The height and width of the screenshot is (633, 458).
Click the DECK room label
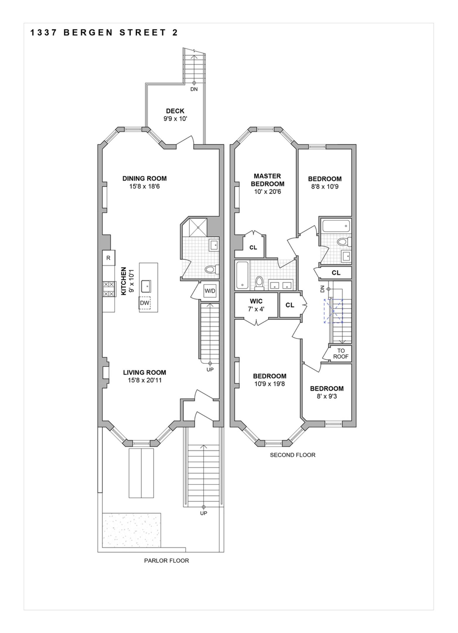coord(175,111)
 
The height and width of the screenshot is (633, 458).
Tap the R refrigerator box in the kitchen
coord(108,258)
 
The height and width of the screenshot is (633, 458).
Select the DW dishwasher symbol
coord(144,303)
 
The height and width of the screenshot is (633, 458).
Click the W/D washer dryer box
coord(210,291)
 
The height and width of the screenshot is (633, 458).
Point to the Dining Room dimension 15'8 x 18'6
coord(144,186)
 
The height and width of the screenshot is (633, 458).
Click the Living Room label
coord(144,372)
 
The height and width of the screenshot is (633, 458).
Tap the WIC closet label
coord(256,301)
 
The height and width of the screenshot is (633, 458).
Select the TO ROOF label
coord(341,353)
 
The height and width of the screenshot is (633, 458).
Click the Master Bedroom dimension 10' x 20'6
coord(268,192)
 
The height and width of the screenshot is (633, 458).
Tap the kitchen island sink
coord(146,286)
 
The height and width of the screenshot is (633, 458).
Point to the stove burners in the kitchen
coord(109,289)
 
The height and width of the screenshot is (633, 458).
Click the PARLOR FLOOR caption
coord(166,561)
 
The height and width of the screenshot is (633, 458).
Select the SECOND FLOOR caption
coord(292,455)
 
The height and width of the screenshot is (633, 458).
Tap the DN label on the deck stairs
coord(194,89)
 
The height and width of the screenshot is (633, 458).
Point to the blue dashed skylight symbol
coord(333,311)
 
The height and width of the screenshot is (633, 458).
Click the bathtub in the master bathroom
coord(242,275)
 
